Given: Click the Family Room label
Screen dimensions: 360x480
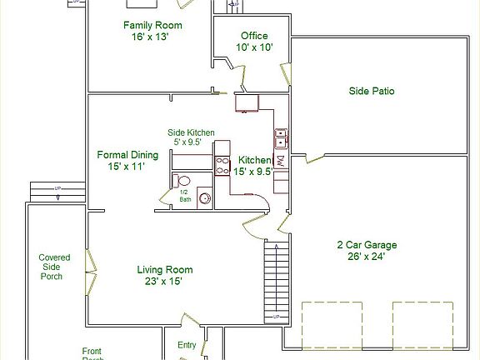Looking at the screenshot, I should [152, 26].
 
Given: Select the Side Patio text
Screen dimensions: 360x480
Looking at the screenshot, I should [371, 91].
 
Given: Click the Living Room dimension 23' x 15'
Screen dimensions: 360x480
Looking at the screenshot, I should [165, 282].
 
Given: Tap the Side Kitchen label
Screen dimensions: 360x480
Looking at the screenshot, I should [191, 132].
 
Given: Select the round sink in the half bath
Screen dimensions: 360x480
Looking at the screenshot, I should [204, 199].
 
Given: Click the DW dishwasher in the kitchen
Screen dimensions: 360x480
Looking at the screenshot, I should [281, 161].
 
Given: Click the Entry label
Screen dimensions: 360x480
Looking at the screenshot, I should [187, 345].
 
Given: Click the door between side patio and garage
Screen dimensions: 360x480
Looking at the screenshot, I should [314, 157].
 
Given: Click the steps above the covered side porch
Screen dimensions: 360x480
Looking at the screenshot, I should [57, 191].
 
